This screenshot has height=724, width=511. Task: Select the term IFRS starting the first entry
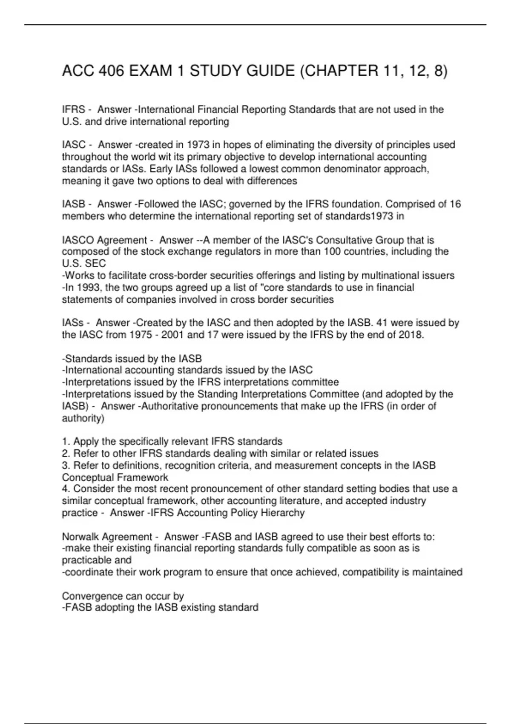pyautogui.click(x=73, y=110)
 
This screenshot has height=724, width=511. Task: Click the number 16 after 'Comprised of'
pyautogui.click(x=455, y=204)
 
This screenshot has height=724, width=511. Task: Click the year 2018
pyautogui.click(x=410, y=335)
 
